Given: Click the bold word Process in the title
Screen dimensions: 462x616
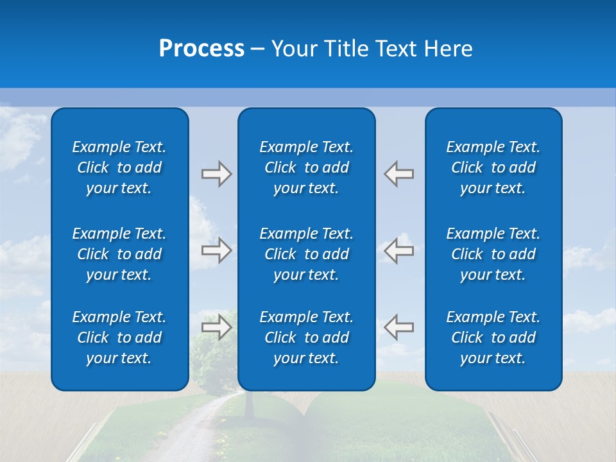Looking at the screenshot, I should pos(201,49).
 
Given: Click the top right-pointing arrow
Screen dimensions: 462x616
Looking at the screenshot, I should pos(216,174).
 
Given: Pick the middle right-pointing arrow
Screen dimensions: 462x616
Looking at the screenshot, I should pos(216,250).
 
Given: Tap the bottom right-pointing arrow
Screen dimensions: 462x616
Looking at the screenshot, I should pos(216,327).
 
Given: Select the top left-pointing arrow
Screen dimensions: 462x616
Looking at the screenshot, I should pos(399,174).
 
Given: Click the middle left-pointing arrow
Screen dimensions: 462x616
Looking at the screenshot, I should pos(399,250).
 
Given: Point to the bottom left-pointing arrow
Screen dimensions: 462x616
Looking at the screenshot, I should pos(399,327).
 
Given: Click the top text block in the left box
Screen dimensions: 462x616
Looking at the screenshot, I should pos(119,167).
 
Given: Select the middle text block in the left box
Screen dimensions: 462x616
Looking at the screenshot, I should pos(119,254).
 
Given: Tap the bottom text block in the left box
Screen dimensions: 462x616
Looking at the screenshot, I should pos(119,338).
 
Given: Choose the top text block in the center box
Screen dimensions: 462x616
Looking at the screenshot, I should pos(306,167).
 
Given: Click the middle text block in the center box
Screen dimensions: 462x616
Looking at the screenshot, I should pos(306,254).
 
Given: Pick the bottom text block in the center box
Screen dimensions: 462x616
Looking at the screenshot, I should pos(306,338).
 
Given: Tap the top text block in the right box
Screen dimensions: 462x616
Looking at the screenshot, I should pos(493,167).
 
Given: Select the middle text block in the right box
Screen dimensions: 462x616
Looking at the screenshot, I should pos(493,254).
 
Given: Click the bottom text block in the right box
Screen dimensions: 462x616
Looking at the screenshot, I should pos(493,338).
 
